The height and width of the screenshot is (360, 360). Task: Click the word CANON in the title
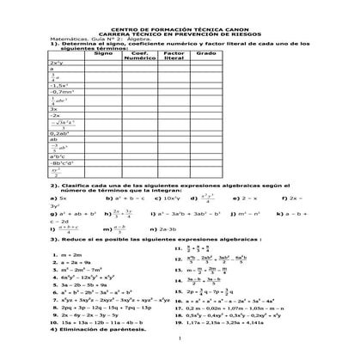click(x=227, y=27)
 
